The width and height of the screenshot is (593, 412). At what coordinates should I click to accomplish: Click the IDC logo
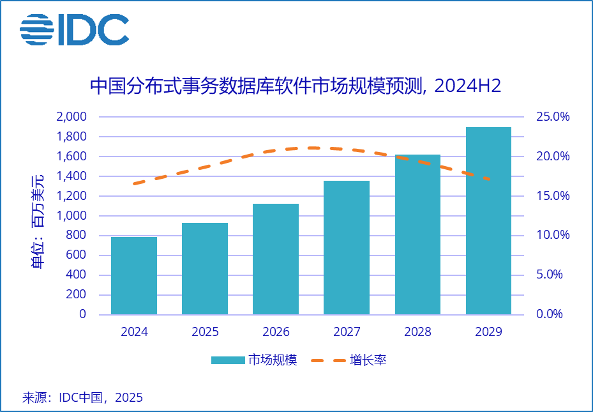click(x=74, y=29)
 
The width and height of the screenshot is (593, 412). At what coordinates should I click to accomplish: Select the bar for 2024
click(x=134, y=276)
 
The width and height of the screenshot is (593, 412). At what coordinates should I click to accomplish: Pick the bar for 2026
click(x=276, y=259)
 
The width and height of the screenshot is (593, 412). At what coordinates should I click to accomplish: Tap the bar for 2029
click(x=488, y=221)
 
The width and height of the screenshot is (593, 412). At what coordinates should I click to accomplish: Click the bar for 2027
click(x=347, y=248)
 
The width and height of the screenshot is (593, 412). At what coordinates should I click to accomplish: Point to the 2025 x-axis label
click(x=205, y=332)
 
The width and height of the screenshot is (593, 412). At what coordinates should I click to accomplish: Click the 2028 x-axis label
click(x=417, y=332)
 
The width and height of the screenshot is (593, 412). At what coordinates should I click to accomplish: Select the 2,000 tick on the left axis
click(x=71, y=117)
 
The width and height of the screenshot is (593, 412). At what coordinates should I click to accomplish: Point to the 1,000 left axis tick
click(x=71, y=216)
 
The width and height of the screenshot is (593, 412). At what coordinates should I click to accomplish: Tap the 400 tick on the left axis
click(x=77, y=275)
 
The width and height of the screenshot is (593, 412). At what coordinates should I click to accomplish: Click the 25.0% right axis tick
click(x=552, y=117)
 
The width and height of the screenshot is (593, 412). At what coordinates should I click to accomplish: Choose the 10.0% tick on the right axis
click(x=552, y=235)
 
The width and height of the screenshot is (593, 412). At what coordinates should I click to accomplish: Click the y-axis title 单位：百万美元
click(x=39, y=221)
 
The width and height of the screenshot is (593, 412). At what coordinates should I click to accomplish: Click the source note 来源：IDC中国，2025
click(x=83, y=397)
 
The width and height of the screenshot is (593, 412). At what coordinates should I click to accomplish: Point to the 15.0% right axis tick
click(x=552, y=196)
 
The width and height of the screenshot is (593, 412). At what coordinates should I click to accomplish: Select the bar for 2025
click(x=205, y=268)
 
